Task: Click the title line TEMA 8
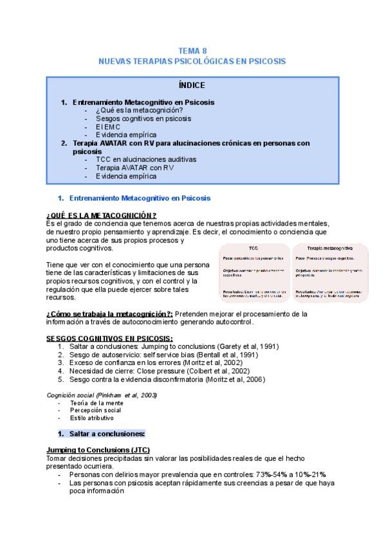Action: [x=192, y=50]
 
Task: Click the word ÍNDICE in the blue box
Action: [x=192, y=85]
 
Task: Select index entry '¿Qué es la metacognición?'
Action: [x=139, y=111]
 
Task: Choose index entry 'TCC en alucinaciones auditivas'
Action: [x=146, y=159]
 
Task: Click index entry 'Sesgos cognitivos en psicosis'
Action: [x=143, y=119]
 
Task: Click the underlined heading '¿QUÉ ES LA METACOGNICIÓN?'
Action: [x=102, y=215]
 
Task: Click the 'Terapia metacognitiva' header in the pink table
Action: [x=329, y=247]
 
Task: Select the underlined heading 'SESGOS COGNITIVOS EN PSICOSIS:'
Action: [x=109, y=338]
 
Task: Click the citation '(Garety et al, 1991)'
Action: [x=248, y=346]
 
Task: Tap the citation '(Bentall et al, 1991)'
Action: [x=227, y=355]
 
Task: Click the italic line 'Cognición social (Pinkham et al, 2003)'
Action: [x=102, y=395]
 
